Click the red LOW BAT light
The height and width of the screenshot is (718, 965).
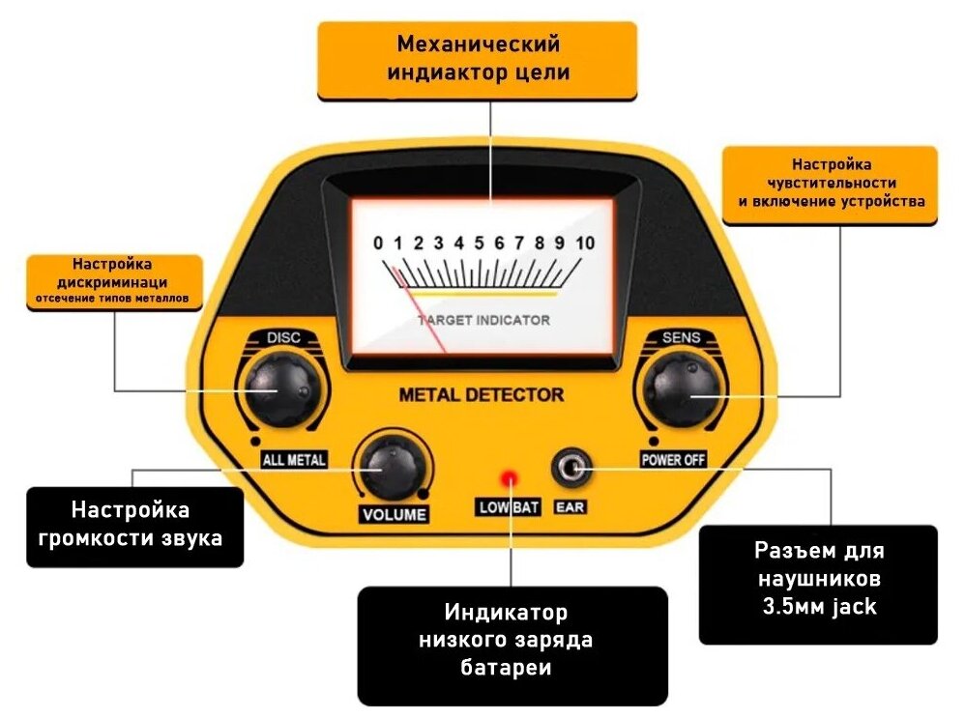[x=508, y=477]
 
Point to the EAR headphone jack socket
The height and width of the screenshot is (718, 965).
[x=569, y=469]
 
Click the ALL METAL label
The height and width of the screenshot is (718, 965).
[x=294, y=459]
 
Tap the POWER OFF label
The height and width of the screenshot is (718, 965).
[x=673, y=459]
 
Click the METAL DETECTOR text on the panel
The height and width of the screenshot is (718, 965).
[x=481, y=395]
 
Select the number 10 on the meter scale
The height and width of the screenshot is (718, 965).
[x=584, y=243]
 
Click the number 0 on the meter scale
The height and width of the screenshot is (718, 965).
[x=379, y=243]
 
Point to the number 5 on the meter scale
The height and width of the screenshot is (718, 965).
[x=480, y=243]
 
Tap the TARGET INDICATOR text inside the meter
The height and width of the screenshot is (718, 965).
[x=483, y=320]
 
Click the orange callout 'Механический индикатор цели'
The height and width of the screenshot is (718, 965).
[x=478, y=59]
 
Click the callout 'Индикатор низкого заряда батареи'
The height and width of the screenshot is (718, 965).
[x=512, y=642]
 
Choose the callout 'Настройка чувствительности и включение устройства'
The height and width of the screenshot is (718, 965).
[x=830, y=184]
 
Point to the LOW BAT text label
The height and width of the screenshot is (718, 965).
[x=509, y=508]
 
